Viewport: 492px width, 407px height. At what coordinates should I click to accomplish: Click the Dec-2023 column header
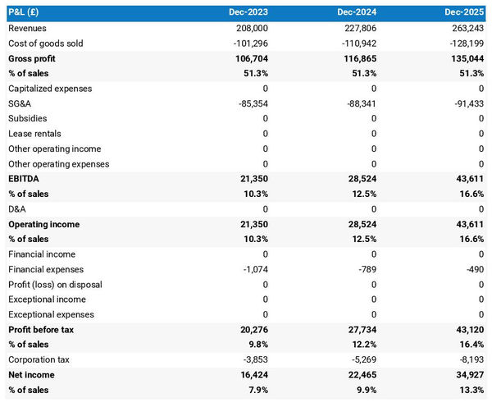click(247, 13)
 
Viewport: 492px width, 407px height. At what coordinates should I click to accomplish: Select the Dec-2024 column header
click(356, 13)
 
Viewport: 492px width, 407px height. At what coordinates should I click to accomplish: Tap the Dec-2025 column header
click(465, 13)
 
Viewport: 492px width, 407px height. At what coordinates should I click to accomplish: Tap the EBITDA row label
click(24, 179)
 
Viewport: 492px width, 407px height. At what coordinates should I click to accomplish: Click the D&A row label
click(19, 209)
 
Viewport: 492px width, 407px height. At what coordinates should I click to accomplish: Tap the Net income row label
click(33, 375)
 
